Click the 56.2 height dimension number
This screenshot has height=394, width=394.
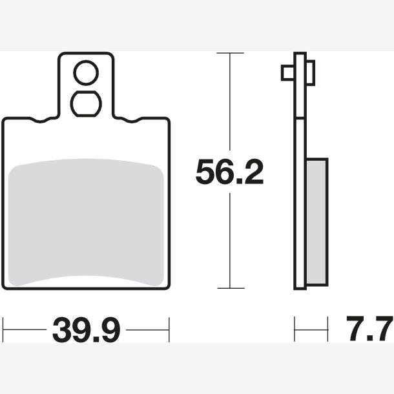229,172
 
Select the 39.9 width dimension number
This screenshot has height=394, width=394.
86,329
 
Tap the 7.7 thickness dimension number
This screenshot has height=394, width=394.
369,328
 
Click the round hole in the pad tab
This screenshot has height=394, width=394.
86,73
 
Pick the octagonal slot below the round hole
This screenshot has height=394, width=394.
86,104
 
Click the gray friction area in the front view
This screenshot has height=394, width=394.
86,222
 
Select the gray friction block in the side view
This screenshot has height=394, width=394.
317,222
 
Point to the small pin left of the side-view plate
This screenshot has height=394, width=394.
288,73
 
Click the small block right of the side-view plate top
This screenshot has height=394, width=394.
311,72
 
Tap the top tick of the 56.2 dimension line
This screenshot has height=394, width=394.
230,53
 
